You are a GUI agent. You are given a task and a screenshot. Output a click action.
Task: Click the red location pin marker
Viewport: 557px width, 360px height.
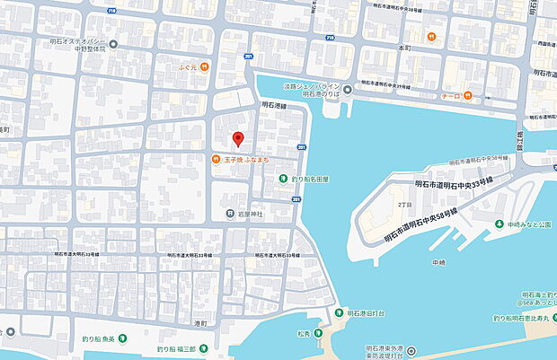click(x=238, y=139)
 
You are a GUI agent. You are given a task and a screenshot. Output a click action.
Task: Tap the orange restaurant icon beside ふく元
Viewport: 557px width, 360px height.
click(x=206, y=66)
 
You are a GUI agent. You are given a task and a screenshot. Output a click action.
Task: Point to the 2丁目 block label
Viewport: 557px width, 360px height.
click(x=404, y=204)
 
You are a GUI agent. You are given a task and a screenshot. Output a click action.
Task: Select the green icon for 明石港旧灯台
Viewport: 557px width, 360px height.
click(x=339, y=312)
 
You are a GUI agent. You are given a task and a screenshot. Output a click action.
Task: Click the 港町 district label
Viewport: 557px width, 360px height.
click(x=199, y=322)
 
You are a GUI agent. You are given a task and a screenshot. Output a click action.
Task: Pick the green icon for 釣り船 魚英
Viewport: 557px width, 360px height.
click(x=123, y=338)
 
